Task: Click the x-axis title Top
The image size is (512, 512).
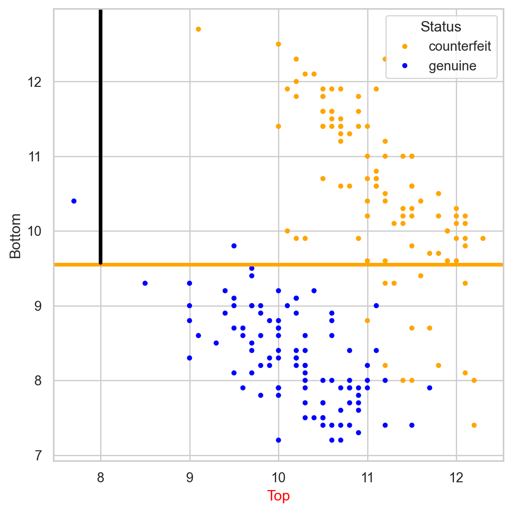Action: coord(278,496)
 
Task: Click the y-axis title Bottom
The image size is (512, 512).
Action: coord(16,236)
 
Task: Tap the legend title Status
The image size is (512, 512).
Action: coord(441,27)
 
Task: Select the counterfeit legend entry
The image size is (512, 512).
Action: coord(459,46)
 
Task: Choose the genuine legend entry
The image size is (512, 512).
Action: coord(452,66)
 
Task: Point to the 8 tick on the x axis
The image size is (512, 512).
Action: coord(101,478)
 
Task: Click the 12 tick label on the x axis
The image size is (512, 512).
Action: coord(456,478)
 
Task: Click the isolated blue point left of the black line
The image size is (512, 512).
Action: coord(74,201)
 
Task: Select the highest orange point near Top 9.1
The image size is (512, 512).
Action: coord(198,29)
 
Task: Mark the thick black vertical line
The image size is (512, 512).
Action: coord(101,137)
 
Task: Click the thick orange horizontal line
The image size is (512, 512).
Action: coord(297,265)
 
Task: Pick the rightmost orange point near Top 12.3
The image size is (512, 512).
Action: coord(483,239)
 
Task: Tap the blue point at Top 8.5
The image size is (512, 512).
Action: coord(145,283)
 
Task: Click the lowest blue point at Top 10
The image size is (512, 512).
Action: coord(278,440)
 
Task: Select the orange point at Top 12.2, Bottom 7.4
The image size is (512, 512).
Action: coord(474,425)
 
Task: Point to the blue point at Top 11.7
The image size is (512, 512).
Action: coord(430,388)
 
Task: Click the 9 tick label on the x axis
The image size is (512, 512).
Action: coord(190,478)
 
